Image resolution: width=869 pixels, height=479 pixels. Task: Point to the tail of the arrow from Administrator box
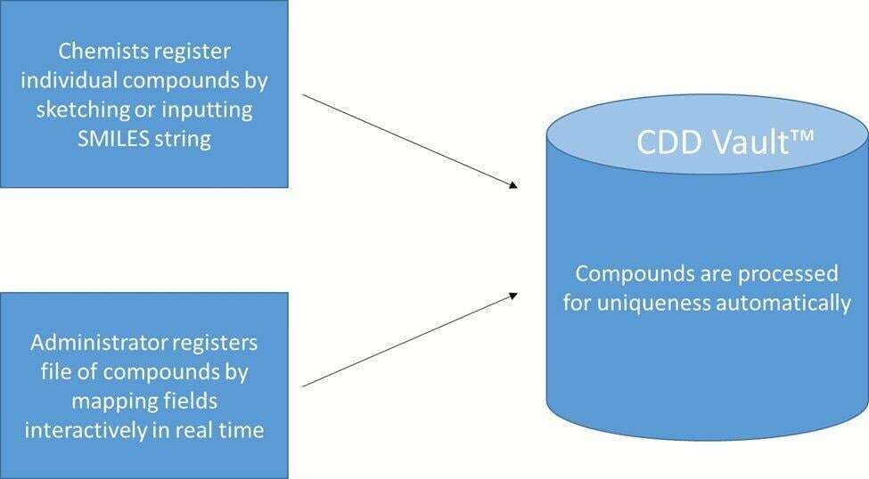tap(305, 386)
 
